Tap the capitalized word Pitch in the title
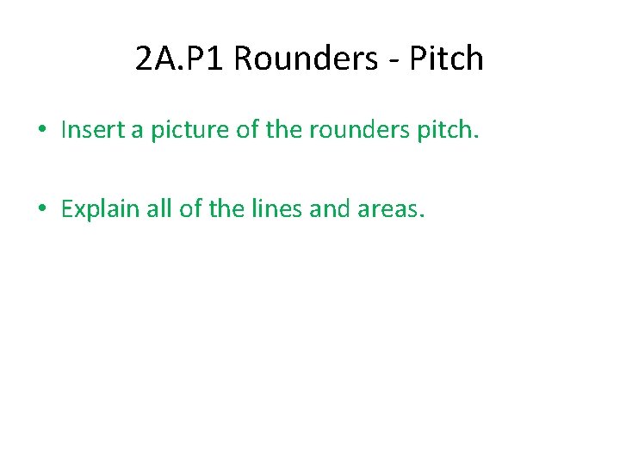pyautogui.click(x=446, y=59)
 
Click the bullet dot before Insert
pyautogui.click(x=41, y=131)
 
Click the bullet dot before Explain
pyautogui.click(x=41, y=209)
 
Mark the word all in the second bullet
pyautogui.click(x=162, y=208)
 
